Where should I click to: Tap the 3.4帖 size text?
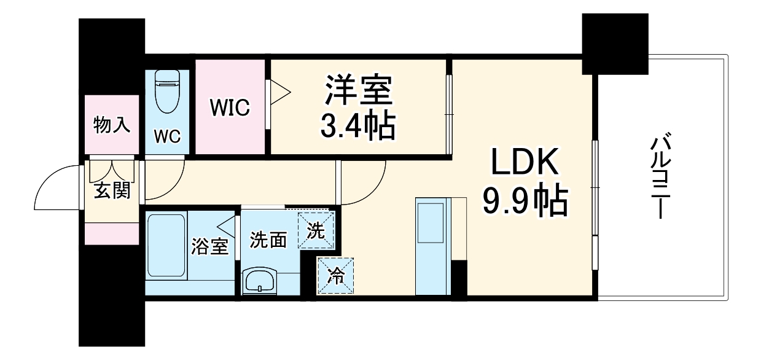point(358,127)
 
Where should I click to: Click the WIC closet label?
point(230,108)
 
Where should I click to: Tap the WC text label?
point(167,136)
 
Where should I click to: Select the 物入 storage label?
point(111,125)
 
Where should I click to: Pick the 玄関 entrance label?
point(111,191)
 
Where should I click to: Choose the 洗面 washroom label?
point(268,240)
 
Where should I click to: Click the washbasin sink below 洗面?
point(260,281)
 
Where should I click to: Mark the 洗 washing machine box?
point(316,230)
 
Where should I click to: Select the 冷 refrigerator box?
point(335,275)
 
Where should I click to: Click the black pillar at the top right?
point(615,44)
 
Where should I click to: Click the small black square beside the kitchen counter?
point(459,278)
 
